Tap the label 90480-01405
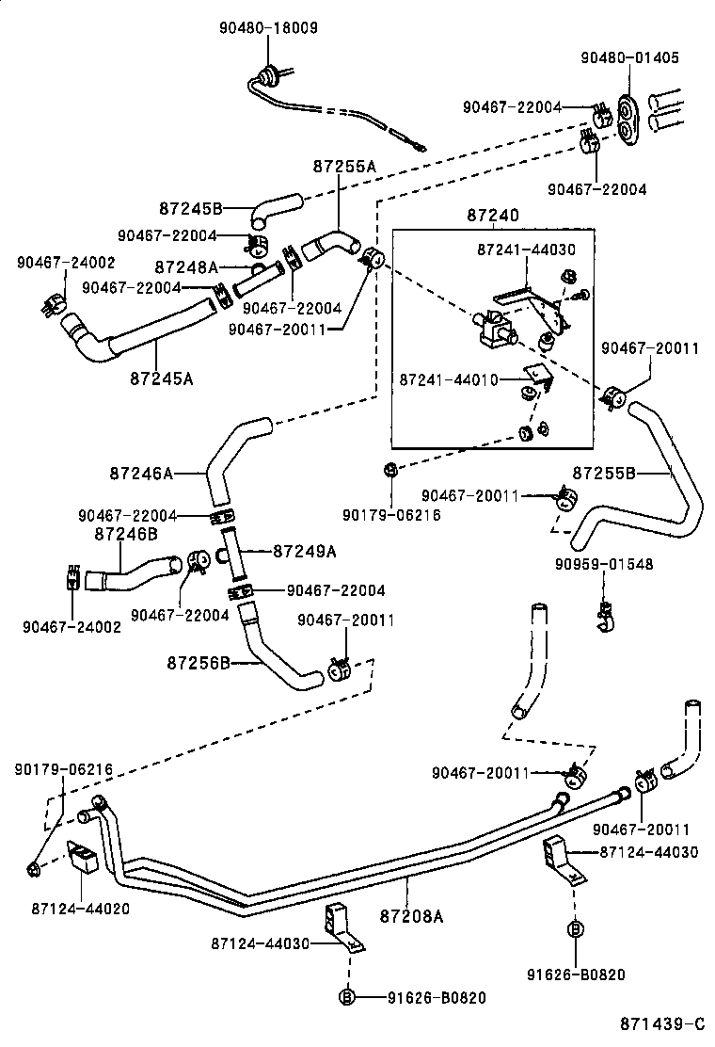(x=630, y=56)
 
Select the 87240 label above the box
(x=491, y=216)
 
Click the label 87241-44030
(x=526, y=250)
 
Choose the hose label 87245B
(x=190, y=208)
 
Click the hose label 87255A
(x=344, y=166)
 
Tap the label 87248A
(x=186, y=267)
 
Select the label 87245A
(x=162, y=379)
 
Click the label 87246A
(x=141, y=474)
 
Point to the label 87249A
(x=305, y=551)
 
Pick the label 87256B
(x=199, y=663)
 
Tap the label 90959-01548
(x=604, y=564)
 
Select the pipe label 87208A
(x=410, y=914)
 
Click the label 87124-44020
(x=81, y=909)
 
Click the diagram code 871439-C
(x=661, y=1024)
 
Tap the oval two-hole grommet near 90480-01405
(x=628, y=120)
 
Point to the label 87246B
(x=126, y=534)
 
